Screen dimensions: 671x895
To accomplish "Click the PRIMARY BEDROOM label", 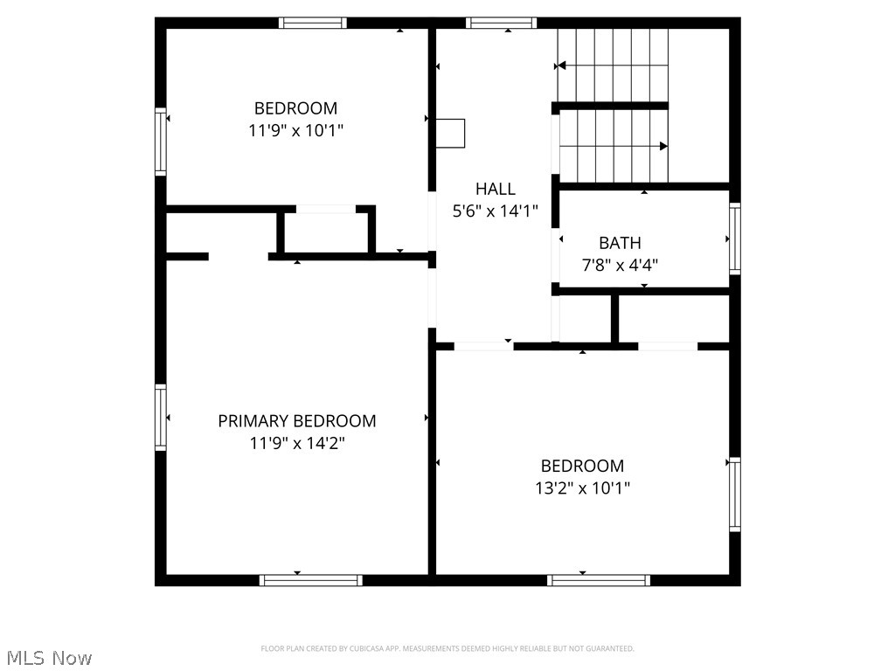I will [x=297, y=421].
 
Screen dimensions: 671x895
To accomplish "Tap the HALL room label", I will [x=496, y=189].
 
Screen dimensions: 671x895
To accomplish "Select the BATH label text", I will [x=620, y=243].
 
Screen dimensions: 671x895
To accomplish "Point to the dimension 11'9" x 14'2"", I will [x=297, y=443].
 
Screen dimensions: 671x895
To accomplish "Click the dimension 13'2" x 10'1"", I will [x=582, y=488].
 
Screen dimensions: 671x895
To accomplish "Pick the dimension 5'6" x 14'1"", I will [x=496, y=211].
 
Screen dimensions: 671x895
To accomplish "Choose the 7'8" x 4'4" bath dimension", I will [x=620, y=265].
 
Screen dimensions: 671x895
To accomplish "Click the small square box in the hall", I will [x=452, y=133].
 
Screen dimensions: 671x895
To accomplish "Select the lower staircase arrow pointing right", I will [x=663, y=146].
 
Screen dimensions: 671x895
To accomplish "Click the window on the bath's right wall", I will [x=735, y=239].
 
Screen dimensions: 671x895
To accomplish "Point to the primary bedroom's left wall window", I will [x=161, y=418].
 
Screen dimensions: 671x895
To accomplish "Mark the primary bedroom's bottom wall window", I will [x=311, y=579].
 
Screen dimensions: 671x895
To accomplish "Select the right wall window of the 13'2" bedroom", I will [x=735, y=495].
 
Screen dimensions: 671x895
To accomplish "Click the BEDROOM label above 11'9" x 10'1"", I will [x=295, y=108].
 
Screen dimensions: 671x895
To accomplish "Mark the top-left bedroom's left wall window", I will [x=161, y=142].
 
